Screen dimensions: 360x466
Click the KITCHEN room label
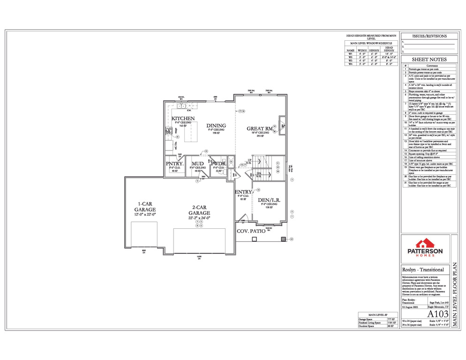coord(183,119)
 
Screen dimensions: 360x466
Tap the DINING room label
coord(216,126)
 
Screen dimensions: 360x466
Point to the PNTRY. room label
coord(174,164)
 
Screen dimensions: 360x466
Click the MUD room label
coord(197,164)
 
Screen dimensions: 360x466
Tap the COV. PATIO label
coord(249,232)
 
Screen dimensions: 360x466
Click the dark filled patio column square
coord(283,239)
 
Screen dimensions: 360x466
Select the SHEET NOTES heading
coord(429,60)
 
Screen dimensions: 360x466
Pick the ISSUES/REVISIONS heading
coord(429,36)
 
